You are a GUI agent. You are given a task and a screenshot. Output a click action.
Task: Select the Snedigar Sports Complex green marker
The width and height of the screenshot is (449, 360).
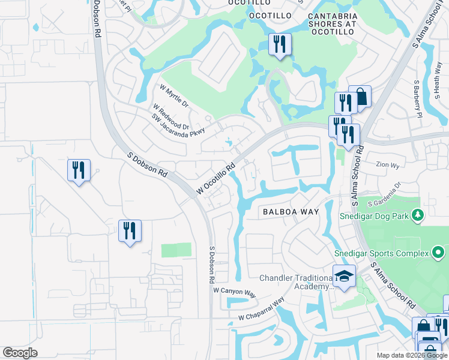[x=438, y=253]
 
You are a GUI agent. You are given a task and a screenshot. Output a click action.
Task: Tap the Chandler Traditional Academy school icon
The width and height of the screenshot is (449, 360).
[x=345, y=277]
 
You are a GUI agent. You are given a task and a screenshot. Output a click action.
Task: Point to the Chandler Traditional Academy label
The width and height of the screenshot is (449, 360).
[x=296, y=282]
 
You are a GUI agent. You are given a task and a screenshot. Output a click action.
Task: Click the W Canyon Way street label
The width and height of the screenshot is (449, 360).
[x=235, y=291]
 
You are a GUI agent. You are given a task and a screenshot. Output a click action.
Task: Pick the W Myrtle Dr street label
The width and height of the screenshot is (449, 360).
[x=174, y=96]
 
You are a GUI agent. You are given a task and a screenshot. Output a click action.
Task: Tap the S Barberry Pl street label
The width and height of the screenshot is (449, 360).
[x=417, y=97]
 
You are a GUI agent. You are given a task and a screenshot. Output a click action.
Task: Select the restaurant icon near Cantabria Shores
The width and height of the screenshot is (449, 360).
[x=280, y=44]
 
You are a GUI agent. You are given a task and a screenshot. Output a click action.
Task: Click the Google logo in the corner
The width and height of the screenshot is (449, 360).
[x=20, y=352]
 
